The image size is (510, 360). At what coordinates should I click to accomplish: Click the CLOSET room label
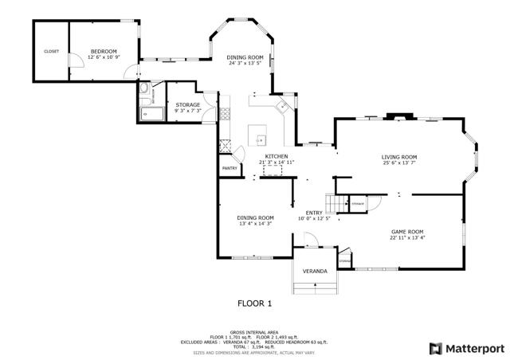pos(51,52)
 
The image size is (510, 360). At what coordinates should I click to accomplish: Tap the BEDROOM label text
pos(104,50)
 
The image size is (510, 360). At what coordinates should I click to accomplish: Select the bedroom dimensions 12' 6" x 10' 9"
pos(104,57)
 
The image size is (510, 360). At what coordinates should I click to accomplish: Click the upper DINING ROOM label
pos(245,57)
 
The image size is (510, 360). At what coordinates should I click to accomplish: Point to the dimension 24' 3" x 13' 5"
pos(245,64)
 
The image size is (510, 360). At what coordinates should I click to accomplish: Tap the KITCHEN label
pos(277,156)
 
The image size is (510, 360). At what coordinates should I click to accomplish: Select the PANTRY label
pos(229,168)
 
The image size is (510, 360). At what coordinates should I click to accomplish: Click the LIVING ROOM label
pos(399,157)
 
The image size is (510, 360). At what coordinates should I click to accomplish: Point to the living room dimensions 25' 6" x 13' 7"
pos(399,163)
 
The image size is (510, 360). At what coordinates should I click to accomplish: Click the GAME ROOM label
pos(407,231)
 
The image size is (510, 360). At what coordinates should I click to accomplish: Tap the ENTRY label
pos(314,212)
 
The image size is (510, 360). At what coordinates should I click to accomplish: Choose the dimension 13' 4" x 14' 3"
pos(256,224)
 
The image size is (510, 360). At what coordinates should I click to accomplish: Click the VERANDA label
pos(315,272)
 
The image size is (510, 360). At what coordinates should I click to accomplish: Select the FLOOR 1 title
pos(255,303)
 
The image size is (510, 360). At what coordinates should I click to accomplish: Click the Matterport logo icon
pos(436,348)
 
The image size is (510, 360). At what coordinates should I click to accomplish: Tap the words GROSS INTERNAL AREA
pos(255,331)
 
